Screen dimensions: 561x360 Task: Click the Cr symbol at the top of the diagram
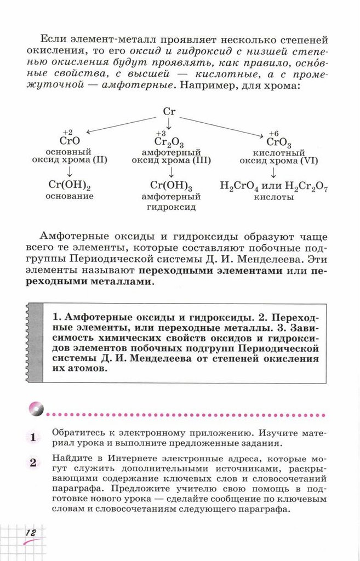pyautogui.click(x=169, y=111)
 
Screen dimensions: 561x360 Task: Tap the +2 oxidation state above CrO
pyautogui.click(x=67, y=133)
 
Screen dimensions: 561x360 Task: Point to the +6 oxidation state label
pyautogui.click(x=273, y=133)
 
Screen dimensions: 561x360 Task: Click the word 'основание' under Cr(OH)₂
pyautogui.click(x=70, y=196)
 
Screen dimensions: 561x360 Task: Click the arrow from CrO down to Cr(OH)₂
pyautogui.click(x=69, y=171)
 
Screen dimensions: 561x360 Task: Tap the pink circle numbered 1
pyautogui.click(x=32, y=437)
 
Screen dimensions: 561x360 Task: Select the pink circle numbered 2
pyautogui.click(x=32, y=463)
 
